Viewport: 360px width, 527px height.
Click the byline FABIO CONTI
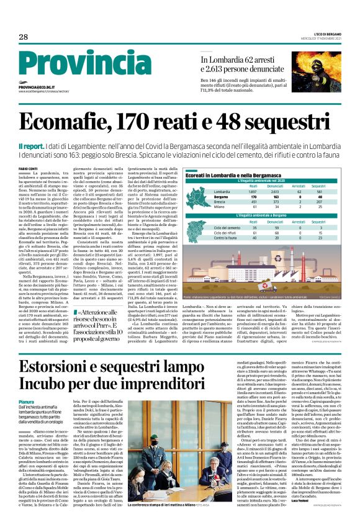point(29,168)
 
